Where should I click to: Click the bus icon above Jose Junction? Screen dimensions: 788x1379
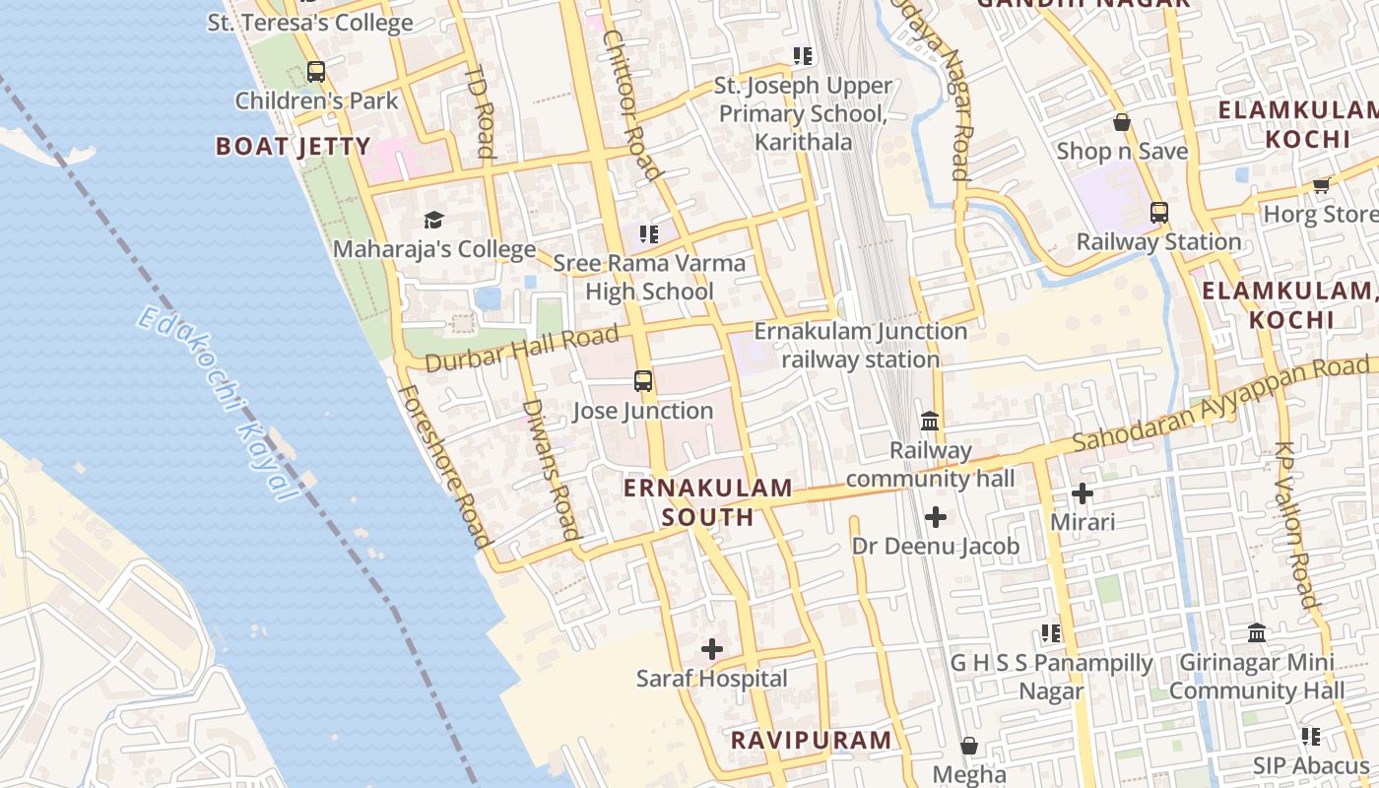[x=643, y=380]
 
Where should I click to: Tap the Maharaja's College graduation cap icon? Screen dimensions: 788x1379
[x=433, y=219]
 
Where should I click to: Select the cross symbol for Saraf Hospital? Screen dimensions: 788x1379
[x=711, y=648]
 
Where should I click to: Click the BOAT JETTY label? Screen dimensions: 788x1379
[x=294, y=147]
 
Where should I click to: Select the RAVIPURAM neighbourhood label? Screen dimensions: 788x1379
[x=811, y=741]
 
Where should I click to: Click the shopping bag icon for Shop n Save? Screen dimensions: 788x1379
[x=1122, y=122]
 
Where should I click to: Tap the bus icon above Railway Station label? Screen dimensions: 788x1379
[x=1158, y=212]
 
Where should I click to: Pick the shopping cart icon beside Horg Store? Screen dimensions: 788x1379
[x=1321, y=185]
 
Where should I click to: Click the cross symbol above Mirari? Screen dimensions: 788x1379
[x=1083, y=492]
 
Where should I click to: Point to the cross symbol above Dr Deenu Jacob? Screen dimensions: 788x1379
[x=936, y=516]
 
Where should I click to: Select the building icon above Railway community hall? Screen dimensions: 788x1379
[x=929, y=422]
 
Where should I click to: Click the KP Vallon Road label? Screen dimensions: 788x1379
[x=1295, y=524]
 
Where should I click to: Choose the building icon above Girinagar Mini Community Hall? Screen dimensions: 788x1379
[x=1257, y=632]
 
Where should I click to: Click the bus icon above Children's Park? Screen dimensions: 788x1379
[x=315, y=71]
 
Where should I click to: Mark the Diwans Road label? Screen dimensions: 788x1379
[x=550, y=468]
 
